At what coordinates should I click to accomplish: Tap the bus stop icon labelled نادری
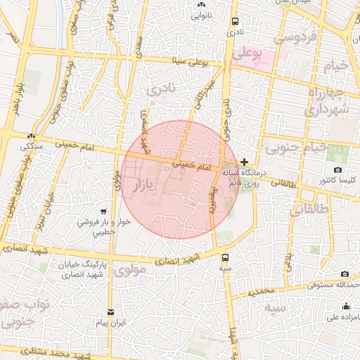pyautogui.click(x=234, y=21)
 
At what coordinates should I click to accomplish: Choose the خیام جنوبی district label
pyautogui.click(x=295, y=148)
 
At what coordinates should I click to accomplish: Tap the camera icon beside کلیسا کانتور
pyautogui.click(x=337, y=171)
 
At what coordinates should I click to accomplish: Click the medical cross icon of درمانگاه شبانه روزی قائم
pyautogui.click(x=244, y=162)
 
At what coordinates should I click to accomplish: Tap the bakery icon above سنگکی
pyautogui.click(x=31, y=136)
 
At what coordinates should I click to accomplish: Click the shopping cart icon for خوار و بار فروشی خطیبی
pyautogui.click(x=104, y=211)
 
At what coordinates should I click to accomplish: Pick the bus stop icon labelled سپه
pyautogui.click(x=225, y=257)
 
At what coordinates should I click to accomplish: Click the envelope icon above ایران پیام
pyautogui.click(x=110, y=311)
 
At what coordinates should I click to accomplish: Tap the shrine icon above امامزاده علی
pyautogui.click(x=346, y=306)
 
